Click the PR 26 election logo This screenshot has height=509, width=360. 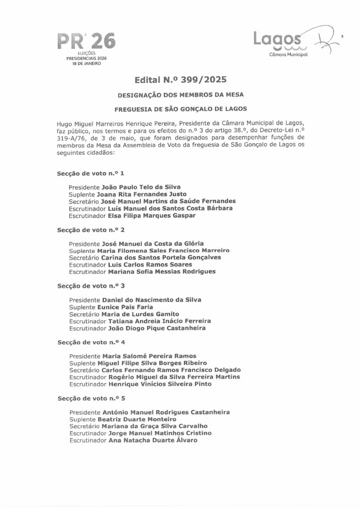pos(86,47)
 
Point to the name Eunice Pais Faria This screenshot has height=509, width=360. pos(123,307)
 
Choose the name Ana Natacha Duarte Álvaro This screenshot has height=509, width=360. pos(153,440)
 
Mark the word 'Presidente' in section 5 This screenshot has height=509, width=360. pos(85,412)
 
